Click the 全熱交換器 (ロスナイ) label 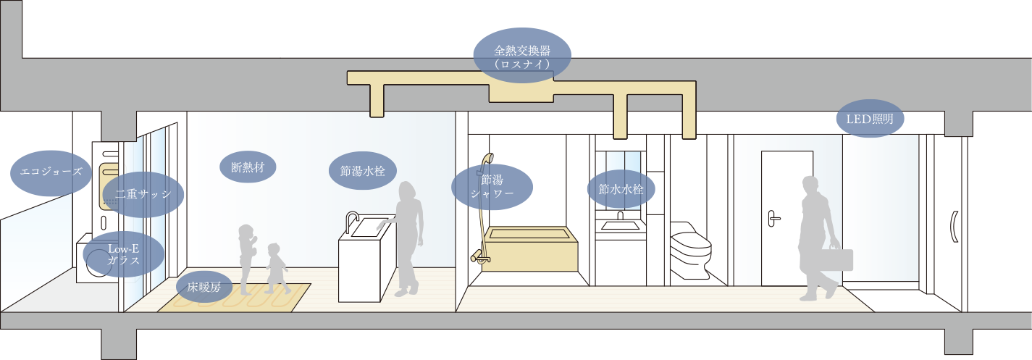(x=521, y=57)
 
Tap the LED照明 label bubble (x=870, y=119)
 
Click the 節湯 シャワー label (x=492, y=186)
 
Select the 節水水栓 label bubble (x=621, y=189)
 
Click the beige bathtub (x=530, y=249)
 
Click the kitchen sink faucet (x=351, y=221)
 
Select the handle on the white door (x=774, y=216)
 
